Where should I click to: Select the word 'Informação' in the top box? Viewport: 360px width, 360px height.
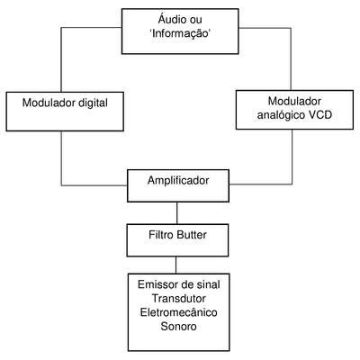(x=180, y=33)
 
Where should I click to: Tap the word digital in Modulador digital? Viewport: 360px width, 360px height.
(x=93, y=103)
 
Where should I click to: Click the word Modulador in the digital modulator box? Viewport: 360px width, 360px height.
(x=49, y=103)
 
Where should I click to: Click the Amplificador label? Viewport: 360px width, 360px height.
(x=178, y=181)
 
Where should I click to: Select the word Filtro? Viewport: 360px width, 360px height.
(x=161, y=235)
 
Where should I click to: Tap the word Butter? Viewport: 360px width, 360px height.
(x=192, y=235)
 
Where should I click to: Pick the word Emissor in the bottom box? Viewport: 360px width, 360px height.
(x=157, y=284)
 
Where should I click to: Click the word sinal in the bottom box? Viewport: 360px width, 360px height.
(x=207, y=284)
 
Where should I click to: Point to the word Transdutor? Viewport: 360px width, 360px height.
(x=178, y=299)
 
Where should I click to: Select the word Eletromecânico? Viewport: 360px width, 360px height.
(x=179, y=312)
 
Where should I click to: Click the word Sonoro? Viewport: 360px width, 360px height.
(x=178, y=326)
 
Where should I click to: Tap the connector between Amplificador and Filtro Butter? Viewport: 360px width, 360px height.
(x=177, y=213)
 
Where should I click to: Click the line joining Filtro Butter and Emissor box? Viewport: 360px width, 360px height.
(x=176, y=265)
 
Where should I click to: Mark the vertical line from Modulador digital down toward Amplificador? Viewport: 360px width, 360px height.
(x=61, y=158)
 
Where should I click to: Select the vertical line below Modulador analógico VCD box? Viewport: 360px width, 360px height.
(x=292, y=157)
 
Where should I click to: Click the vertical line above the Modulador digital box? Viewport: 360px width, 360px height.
(x=61, y=59)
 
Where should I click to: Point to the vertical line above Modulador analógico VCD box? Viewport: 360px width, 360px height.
(x=291, y=59)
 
